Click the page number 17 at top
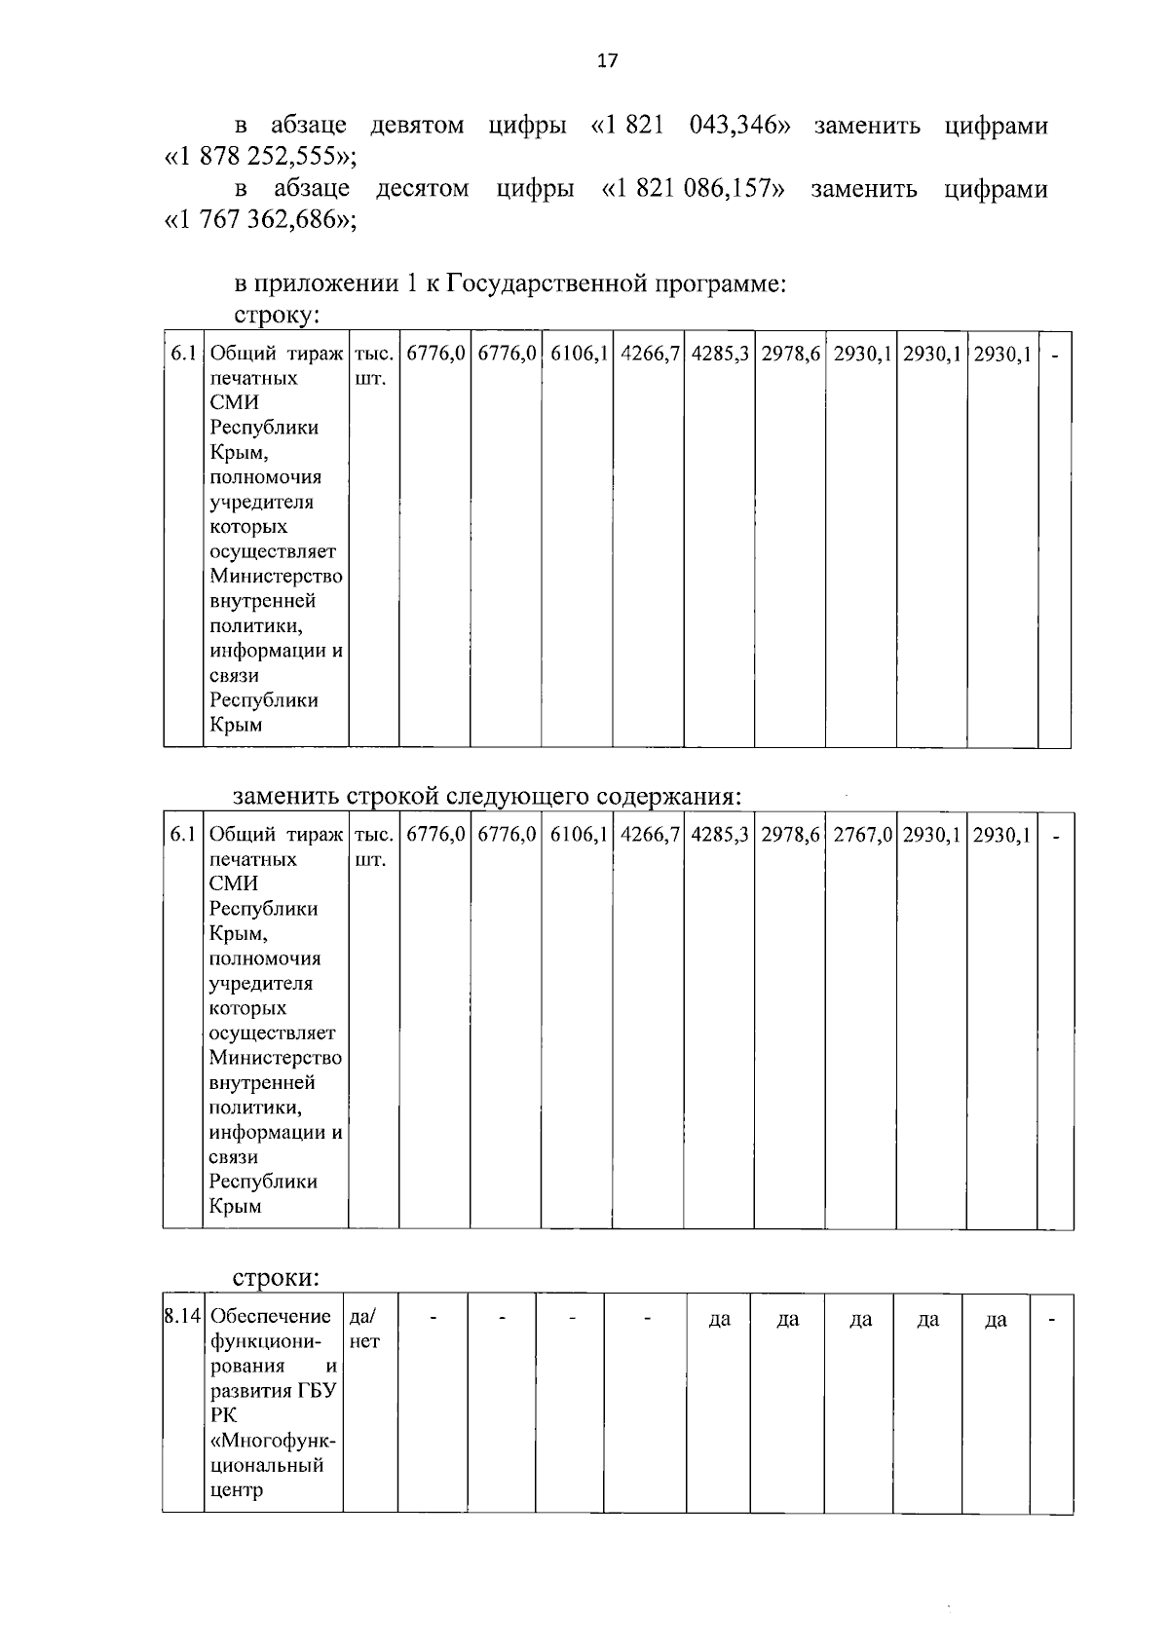606,61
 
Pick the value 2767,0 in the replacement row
861,835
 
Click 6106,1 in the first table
578,354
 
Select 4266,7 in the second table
648,835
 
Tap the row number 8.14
183,1316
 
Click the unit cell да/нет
364,1329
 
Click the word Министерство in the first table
276,577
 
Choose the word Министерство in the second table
276,1058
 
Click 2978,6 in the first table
790,354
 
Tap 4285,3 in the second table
719,835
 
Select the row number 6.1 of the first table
183,354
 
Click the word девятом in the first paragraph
417,126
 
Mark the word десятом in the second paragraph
423,188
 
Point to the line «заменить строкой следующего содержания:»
487,796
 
